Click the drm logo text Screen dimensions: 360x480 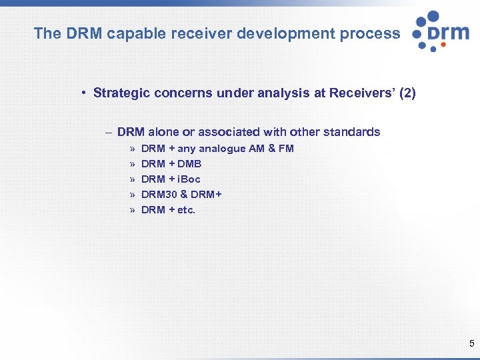[x=448, y=32]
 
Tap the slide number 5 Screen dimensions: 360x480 [x=472, y=344]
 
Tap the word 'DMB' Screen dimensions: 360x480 [x=189, y=164]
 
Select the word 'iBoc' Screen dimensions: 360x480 [x=189, y=179]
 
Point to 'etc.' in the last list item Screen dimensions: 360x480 [x=186, y=210]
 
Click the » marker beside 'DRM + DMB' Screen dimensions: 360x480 [x=132, y=164]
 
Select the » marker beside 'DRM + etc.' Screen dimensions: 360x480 [x=132, y=210]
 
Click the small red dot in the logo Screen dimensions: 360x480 [x=433, y=49]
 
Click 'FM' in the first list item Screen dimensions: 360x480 [x=286, y=149]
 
